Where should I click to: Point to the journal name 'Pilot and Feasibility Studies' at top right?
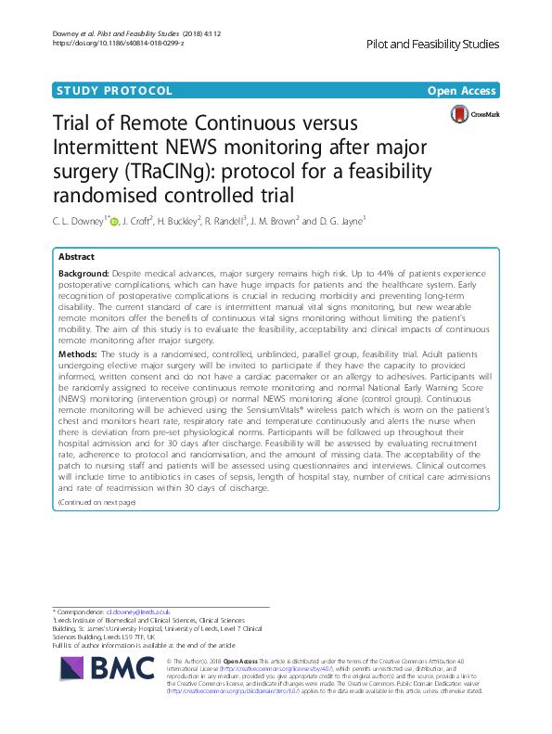(433, 45)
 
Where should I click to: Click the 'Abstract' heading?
(76, 257)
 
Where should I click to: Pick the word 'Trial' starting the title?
(73, 124)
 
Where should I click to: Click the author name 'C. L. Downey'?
(77, 221)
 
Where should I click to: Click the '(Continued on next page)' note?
(96, 502)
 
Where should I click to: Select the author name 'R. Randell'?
(218, 221)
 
